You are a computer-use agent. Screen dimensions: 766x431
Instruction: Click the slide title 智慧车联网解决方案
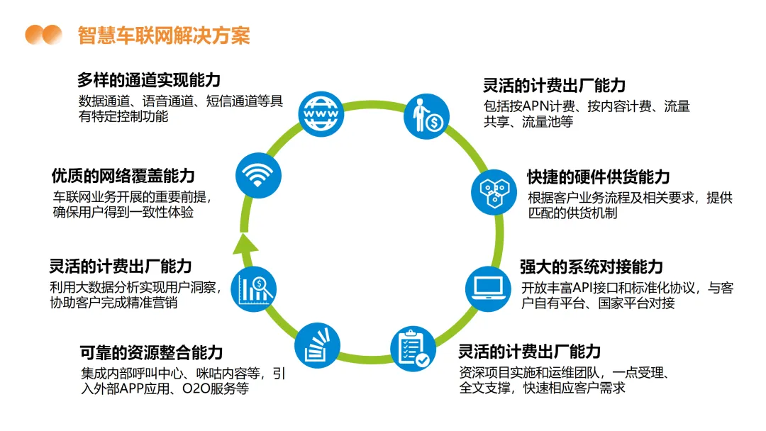(164, 34)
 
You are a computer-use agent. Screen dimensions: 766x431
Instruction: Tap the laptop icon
(487, 286)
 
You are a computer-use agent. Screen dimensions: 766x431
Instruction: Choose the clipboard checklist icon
(413, 348)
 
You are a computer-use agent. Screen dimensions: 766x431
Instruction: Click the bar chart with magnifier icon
(256, 288)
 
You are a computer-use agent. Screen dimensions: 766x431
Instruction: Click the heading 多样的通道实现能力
(148, 79)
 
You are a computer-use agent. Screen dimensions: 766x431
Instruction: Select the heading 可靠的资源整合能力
(151, 351)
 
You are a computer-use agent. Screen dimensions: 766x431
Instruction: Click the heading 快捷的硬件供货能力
(598, 177)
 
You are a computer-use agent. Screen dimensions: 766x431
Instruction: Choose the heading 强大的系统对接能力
(591, 267)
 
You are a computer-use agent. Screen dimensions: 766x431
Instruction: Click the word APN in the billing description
(543, 107)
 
